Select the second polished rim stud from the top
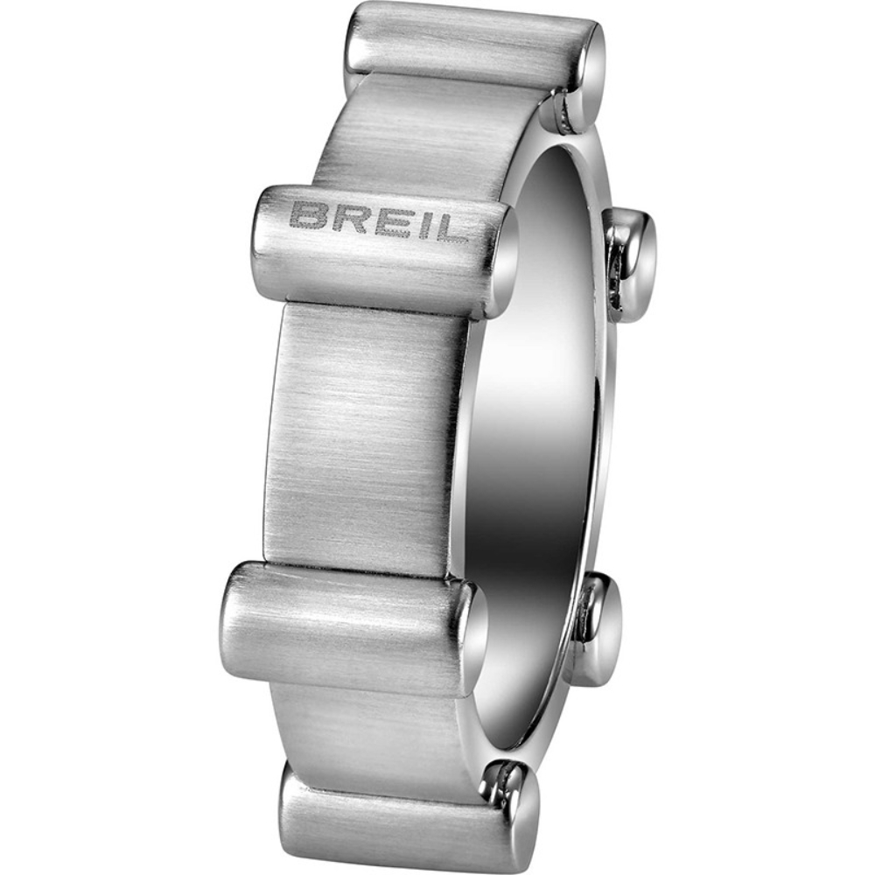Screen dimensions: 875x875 tap(632, 262)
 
